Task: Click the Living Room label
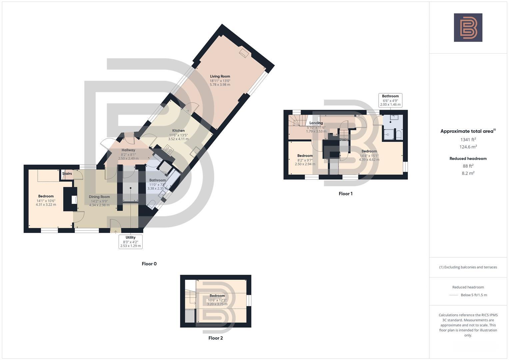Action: (220, 76)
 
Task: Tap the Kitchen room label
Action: (178, 131)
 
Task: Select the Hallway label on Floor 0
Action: (128, 150)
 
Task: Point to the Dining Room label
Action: (99, 197)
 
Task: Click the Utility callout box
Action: (130, 242)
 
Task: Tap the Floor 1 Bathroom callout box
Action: (390, 100)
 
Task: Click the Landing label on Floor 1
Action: (316, 123)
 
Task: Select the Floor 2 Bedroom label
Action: (217, 296)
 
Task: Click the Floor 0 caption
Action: (149, 264)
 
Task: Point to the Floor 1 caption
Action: (345, 194)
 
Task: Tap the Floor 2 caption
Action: (216, 338)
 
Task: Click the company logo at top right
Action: (468, 28)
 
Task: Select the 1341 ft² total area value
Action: (468, 140)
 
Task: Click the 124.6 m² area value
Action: (468, 147)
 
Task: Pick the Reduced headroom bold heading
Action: (468, 159)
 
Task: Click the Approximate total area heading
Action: (468, 131)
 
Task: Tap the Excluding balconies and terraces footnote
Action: (468, 267)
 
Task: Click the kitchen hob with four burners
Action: (168, 150)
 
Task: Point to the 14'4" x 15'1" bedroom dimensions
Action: (369, 156)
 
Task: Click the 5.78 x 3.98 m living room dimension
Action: (220, 85)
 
